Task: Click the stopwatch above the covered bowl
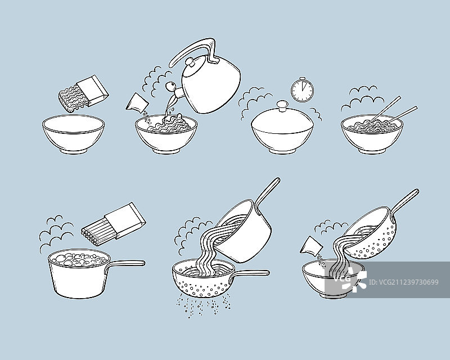(x=303, y=90)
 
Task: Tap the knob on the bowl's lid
(x=282, y=105)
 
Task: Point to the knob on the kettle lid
(x=190, y=62)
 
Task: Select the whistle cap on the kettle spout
(x=170, y=85)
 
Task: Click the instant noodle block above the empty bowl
(x=73, y=99)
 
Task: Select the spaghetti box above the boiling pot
(x=125, y=220)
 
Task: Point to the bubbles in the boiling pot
(x=78, y=259)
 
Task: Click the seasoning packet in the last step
(x=312, y=245)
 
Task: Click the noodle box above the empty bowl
(x=92, y=91)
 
